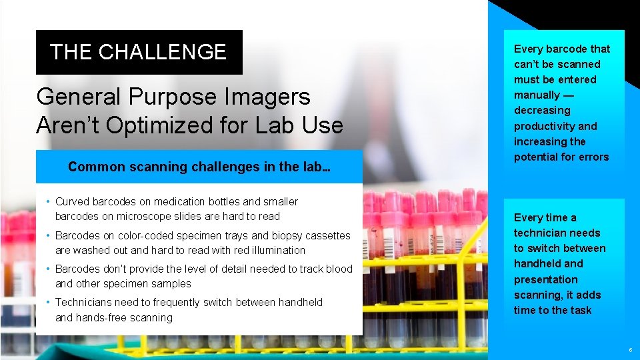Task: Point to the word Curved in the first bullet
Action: coord(71,201)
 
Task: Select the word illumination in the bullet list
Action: coord(268,251)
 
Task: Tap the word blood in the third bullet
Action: coord(339,269)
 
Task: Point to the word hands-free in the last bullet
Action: coord(101,318)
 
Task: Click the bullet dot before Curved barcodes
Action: coord(48,202)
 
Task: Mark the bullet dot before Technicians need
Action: coord(48,303)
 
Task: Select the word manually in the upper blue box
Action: coord(537,95)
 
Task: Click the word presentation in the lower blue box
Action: coord(545,279)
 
